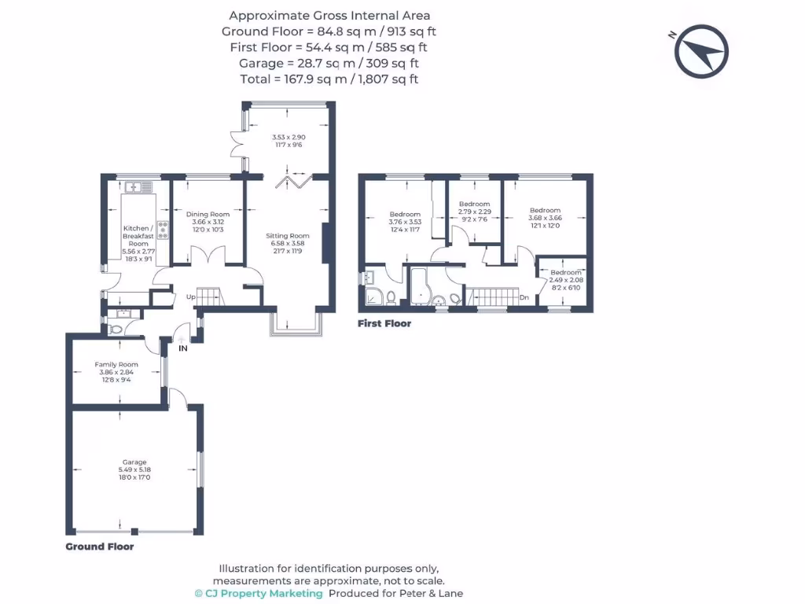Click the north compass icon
click(701, 52)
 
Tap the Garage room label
click(134, 462)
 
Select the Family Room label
click(116, 364)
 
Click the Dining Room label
click(208, 214)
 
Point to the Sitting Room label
click(288, 236)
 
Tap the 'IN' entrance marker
click(182, 348)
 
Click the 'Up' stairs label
click(190, 297)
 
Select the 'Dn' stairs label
click(524, 297)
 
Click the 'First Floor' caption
click(384, 323)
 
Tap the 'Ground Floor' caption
click(99, 547)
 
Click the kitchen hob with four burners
click(164, 229)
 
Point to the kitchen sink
click(140, 187)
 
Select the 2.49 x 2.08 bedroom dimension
click(566, 279)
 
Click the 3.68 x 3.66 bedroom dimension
click(545, 218)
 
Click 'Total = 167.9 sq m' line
click(329, 79)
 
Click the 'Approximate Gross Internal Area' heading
click(329, 16)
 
